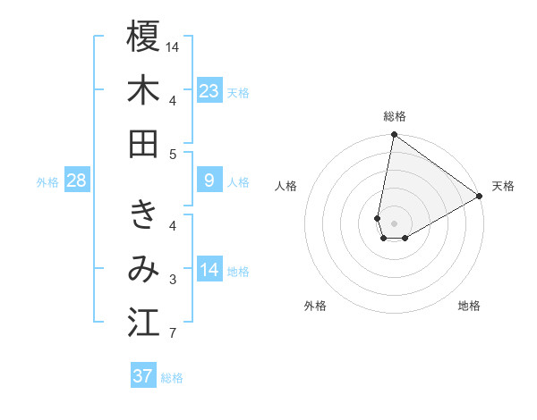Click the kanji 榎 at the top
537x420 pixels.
[143, 38]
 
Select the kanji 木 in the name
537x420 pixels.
[143, 90]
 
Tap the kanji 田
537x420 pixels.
[143, 143]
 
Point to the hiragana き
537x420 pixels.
[143, 215]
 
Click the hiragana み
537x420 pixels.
[143, 269]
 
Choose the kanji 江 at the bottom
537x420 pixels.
[143, 323]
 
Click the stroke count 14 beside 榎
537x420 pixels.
[173, 46]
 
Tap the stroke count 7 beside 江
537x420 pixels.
[173, 335]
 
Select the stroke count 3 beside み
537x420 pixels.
[173, 281]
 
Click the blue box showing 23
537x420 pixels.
[209, 91]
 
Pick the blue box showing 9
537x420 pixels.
[209, 181]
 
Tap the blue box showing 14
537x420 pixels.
[209, 270]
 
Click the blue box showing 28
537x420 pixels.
[77, 181]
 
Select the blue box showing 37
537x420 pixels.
[143, 376]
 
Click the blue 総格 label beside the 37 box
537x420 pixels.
[172, 378]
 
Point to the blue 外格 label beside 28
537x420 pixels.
[47, 182]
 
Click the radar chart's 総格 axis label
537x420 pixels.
[395, 116]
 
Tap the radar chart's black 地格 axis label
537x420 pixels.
[469, 306]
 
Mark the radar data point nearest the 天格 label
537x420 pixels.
[480, 197]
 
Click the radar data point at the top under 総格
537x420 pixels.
[394, 136]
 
